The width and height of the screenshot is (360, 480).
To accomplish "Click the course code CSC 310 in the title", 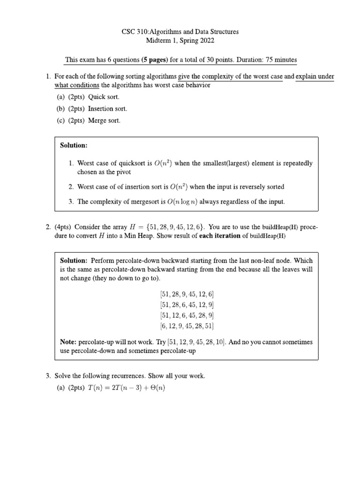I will coord(135,32).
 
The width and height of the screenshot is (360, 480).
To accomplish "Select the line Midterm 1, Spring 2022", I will coord(180,41).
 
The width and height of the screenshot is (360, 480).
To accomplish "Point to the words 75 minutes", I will coord(281,60).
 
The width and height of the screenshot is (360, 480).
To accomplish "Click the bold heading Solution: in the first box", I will coord(74,145).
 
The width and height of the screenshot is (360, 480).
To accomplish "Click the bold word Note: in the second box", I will coord(68,342).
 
